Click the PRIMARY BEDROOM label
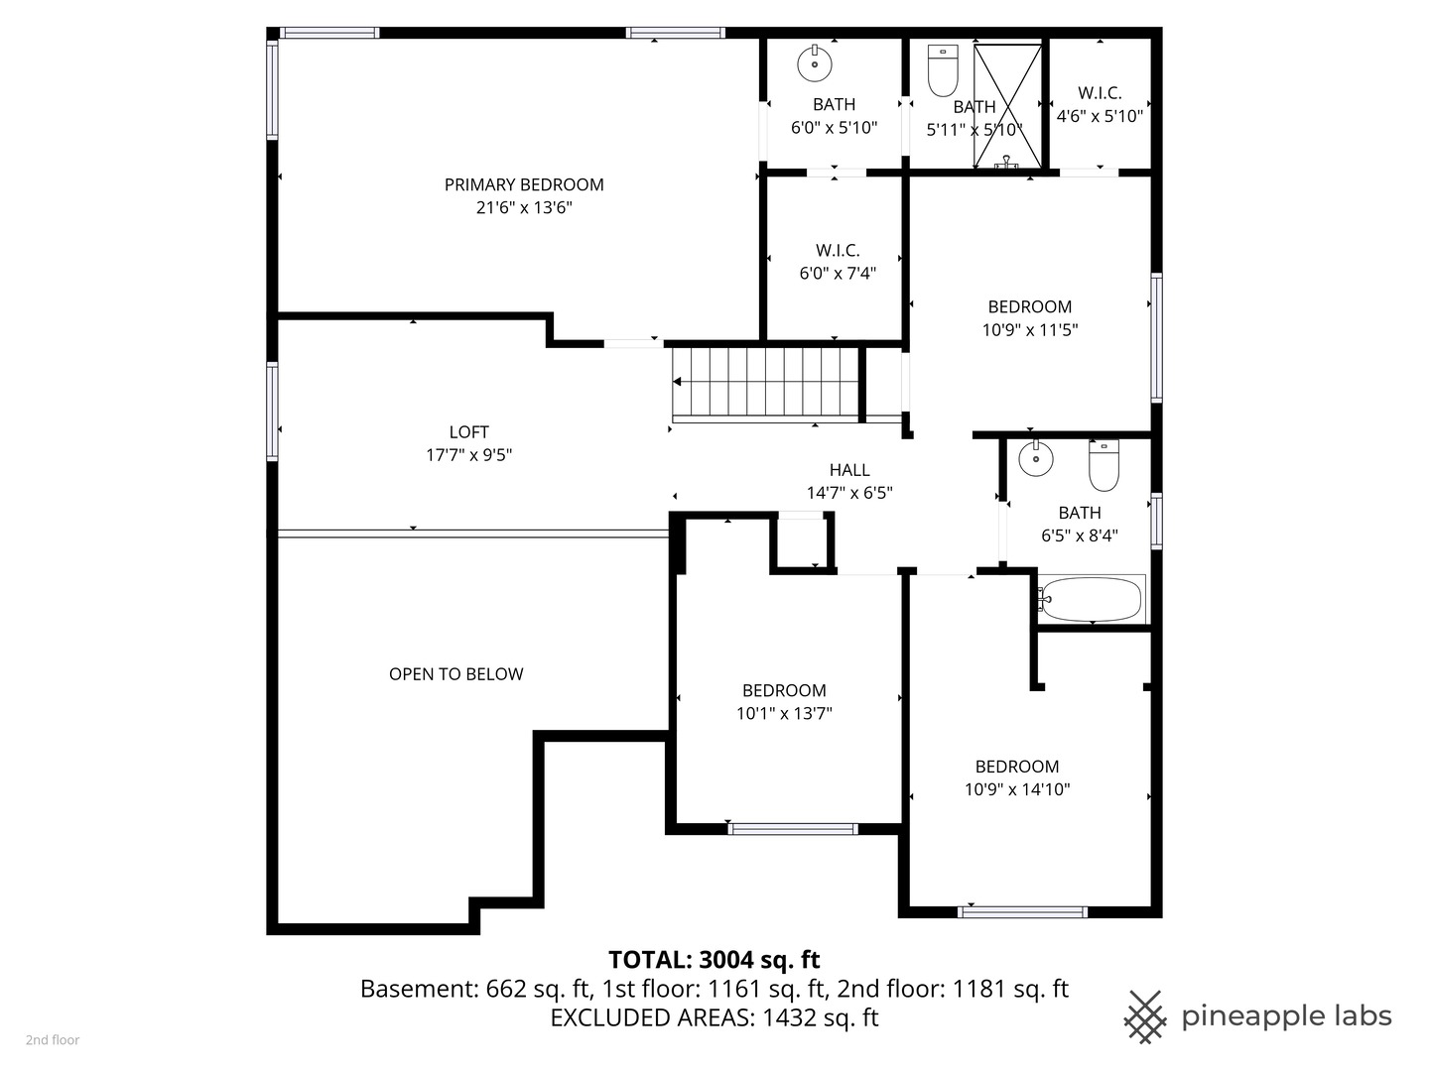523,184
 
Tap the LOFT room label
468,431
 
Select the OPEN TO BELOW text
455,673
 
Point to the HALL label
848,469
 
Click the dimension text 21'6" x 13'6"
524,207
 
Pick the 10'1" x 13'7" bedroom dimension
784,713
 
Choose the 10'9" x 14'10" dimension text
1017,789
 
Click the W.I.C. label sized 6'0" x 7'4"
838,250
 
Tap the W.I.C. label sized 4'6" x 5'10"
1100,93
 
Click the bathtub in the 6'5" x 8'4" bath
1092,599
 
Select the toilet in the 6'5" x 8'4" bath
1104,465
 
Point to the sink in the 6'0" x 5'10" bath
815,63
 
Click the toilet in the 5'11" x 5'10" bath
943,70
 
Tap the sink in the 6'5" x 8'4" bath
1036,458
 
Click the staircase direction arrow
677,382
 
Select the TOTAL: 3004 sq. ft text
714,960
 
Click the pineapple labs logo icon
1145,1017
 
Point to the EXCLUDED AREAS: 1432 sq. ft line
714,1017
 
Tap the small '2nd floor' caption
53,1040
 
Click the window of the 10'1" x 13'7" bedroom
793,829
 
